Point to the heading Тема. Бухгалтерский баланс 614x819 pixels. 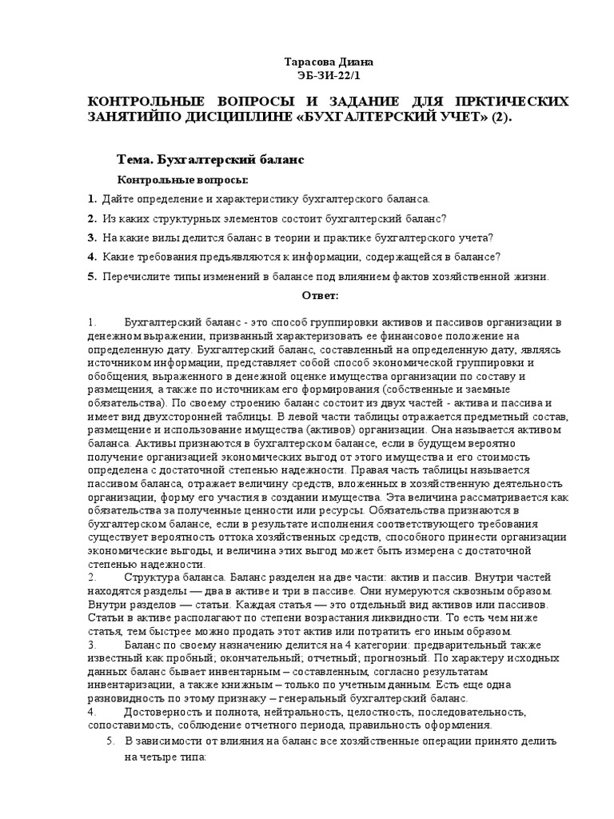(x=210, y=160)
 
